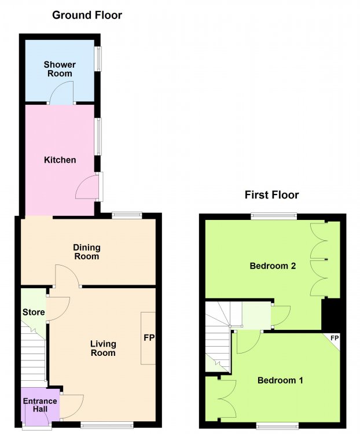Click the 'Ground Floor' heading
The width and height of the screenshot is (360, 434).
87,15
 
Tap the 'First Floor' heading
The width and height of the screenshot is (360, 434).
271,195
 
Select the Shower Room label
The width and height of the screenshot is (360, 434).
60,69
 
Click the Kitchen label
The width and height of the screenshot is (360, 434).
60,160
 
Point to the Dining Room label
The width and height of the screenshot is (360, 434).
87,252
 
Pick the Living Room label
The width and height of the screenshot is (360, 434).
103,348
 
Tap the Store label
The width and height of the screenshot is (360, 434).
34,312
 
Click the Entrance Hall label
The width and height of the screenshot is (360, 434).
40,405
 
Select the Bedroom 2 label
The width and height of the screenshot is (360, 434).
273,266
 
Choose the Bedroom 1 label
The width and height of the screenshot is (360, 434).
280,380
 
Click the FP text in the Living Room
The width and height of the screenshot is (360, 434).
149,338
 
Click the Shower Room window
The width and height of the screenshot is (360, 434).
98,58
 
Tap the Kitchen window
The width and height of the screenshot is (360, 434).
98,137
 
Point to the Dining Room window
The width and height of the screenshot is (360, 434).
127,215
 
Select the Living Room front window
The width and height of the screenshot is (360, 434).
107,425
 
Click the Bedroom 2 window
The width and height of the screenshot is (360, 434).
274,216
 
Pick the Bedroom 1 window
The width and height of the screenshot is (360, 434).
277,425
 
